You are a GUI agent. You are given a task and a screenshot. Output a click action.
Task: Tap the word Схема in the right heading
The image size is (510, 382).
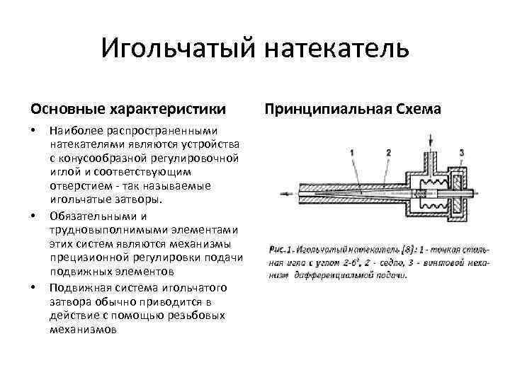(x=416, y=110)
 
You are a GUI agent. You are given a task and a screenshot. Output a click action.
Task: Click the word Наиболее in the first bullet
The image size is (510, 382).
(x=75, y=131)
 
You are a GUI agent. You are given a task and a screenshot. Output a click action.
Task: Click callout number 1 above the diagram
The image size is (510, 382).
(x=352, y=153)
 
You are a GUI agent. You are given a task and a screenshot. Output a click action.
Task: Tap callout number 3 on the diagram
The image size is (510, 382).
(x=462, y=153)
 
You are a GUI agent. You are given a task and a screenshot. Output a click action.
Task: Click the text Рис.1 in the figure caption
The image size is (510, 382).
(x=280, y=250)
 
